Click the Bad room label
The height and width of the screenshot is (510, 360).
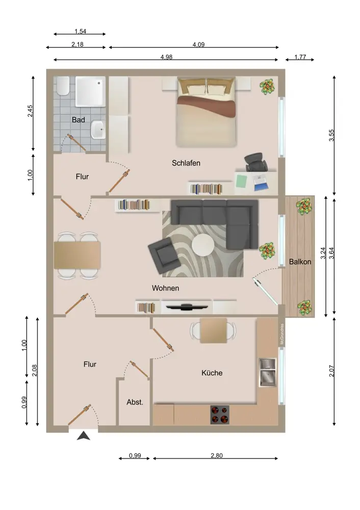click(x=79, y=120)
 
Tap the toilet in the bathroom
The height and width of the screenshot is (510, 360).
click(x=63, y=86)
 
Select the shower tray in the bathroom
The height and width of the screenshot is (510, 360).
click(x=90, y=91)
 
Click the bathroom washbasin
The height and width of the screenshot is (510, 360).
click(x=98, y=130)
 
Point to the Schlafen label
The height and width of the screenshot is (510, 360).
click(x=186, y=163)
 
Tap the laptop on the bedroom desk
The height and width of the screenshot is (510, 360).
click(x=260, y=182)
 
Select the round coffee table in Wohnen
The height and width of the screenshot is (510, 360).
click(x=203, y=245)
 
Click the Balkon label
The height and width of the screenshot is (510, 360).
click(x=300, y=262)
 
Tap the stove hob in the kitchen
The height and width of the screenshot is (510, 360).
click(x=220, y=415)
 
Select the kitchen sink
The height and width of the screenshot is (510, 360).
click(x=268, y=372)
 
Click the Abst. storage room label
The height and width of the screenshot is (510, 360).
click(x=135, y=402)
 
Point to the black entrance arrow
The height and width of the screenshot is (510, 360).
click(x=84, y=436)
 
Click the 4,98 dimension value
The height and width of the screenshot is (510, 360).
click(x=167, y=57)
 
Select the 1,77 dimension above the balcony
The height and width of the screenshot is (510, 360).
click(x=300, y=57)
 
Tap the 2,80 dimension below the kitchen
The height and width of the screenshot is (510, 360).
click(x=217, y=455)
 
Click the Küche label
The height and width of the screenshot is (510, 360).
click(x=212, y=373)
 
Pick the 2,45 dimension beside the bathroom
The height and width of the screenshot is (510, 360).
click(x=30, y=111)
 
